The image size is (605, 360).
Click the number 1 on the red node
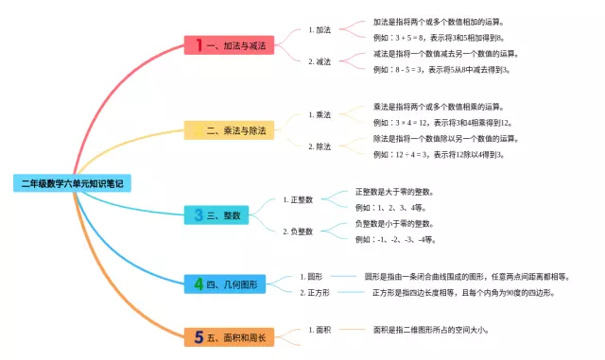199,44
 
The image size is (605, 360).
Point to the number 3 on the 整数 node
199,214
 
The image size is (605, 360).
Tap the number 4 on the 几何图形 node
199,283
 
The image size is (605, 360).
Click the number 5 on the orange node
199,337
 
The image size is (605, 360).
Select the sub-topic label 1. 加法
320,29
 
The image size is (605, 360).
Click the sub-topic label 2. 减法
320,61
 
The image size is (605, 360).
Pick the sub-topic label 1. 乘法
320,114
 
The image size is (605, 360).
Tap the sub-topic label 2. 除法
320,146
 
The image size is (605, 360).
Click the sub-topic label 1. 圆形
311,277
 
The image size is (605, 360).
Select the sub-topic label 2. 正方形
315,293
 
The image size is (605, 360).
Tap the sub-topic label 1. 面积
320,330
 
